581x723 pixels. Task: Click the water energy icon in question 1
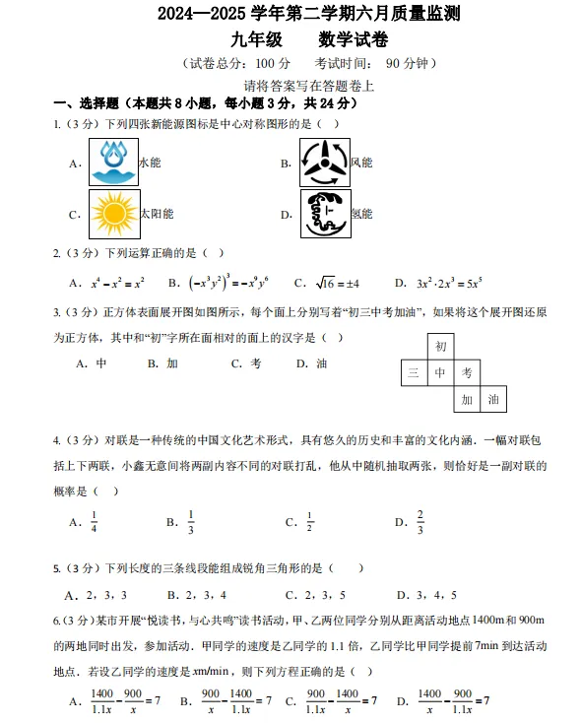pyautogui.click(x=113, y=163)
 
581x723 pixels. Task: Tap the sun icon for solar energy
pyautogui.click(x=113, y=214)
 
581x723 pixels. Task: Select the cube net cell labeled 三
pyautogui.click(x=414, y=372)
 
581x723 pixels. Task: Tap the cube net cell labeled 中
pyautogui.click(x=440, y=372)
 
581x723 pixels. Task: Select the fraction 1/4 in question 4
pyautogui.click(x=95, y=522)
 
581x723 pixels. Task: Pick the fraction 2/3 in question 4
pyautogui.click(x=420, y=522)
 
